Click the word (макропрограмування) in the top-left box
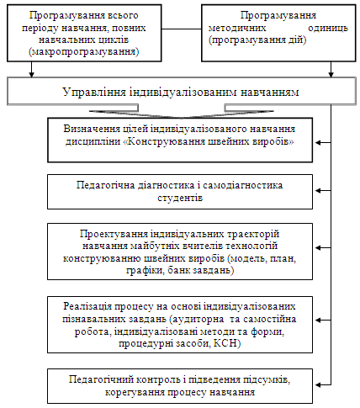pyautogui.click(x=84, y=52)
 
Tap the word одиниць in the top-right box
pyautogui.click(x=328, y=28)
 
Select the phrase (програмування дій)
pyautogui.click(x=257, y=40)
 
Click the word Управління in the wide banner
pyautogui.click(x=94, y=92)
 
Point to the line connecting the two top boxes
pyautogui.click(x=182, y=29)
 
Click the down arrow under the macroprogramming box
pyautogui.click(x=32, y=69)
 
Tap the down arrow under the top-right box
pyautogui.click(x=331, y=69)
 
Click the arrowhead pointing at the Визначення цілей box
pyautogui.click(x=318, y=142)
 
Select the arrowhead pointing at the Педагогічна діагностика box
pyautogui.click(x=318, y=190)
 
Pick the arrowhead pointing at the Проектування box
pyautogui.click(x=318, y=247)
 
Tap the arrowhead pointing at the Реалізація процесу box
pyautogui.click(x=318, y=320)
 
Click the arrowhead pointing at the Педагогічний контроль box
pyautogui.click(x=318, y=384)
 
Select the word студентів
pyautogui.click(x=180, y=198)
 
